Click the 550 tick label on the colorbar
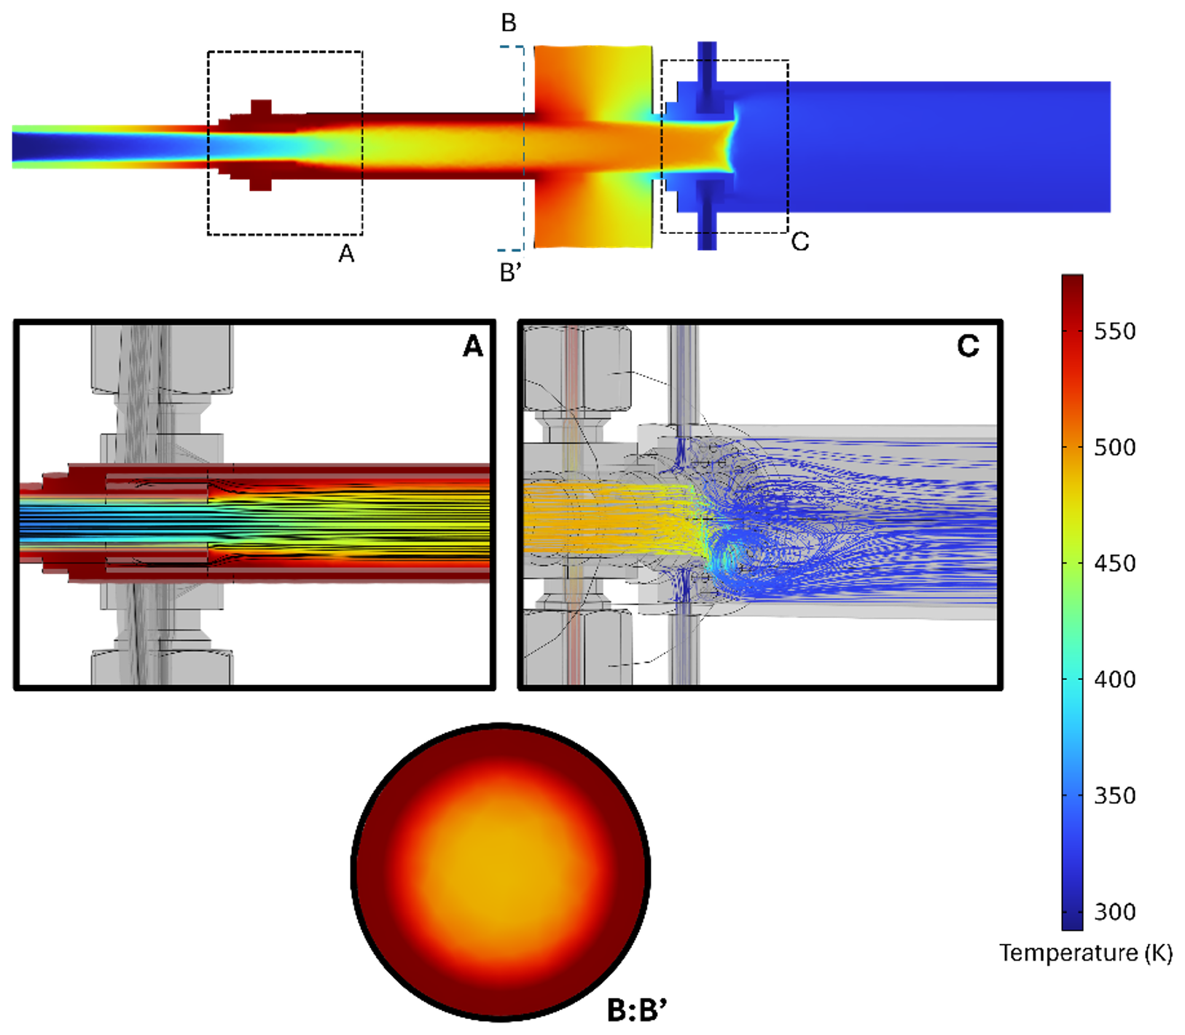(x=1114, y=332)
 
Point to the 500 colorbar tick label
(x=1114, y=448)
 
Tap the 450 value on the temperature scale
(x=1114, y=563)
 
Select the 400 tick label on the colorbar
(x=1114, y=679)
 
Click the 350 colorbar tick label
(x=1114, y=795)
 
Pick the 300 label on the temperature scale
(x=1114, y=911)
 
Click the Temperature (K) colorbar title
(x=1086, y=953)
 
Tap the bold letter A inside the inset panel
(x=473, y=346)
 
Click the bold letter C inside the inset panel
(x=968, y=346)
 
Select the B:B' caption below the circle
(x=637, y=1010)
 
